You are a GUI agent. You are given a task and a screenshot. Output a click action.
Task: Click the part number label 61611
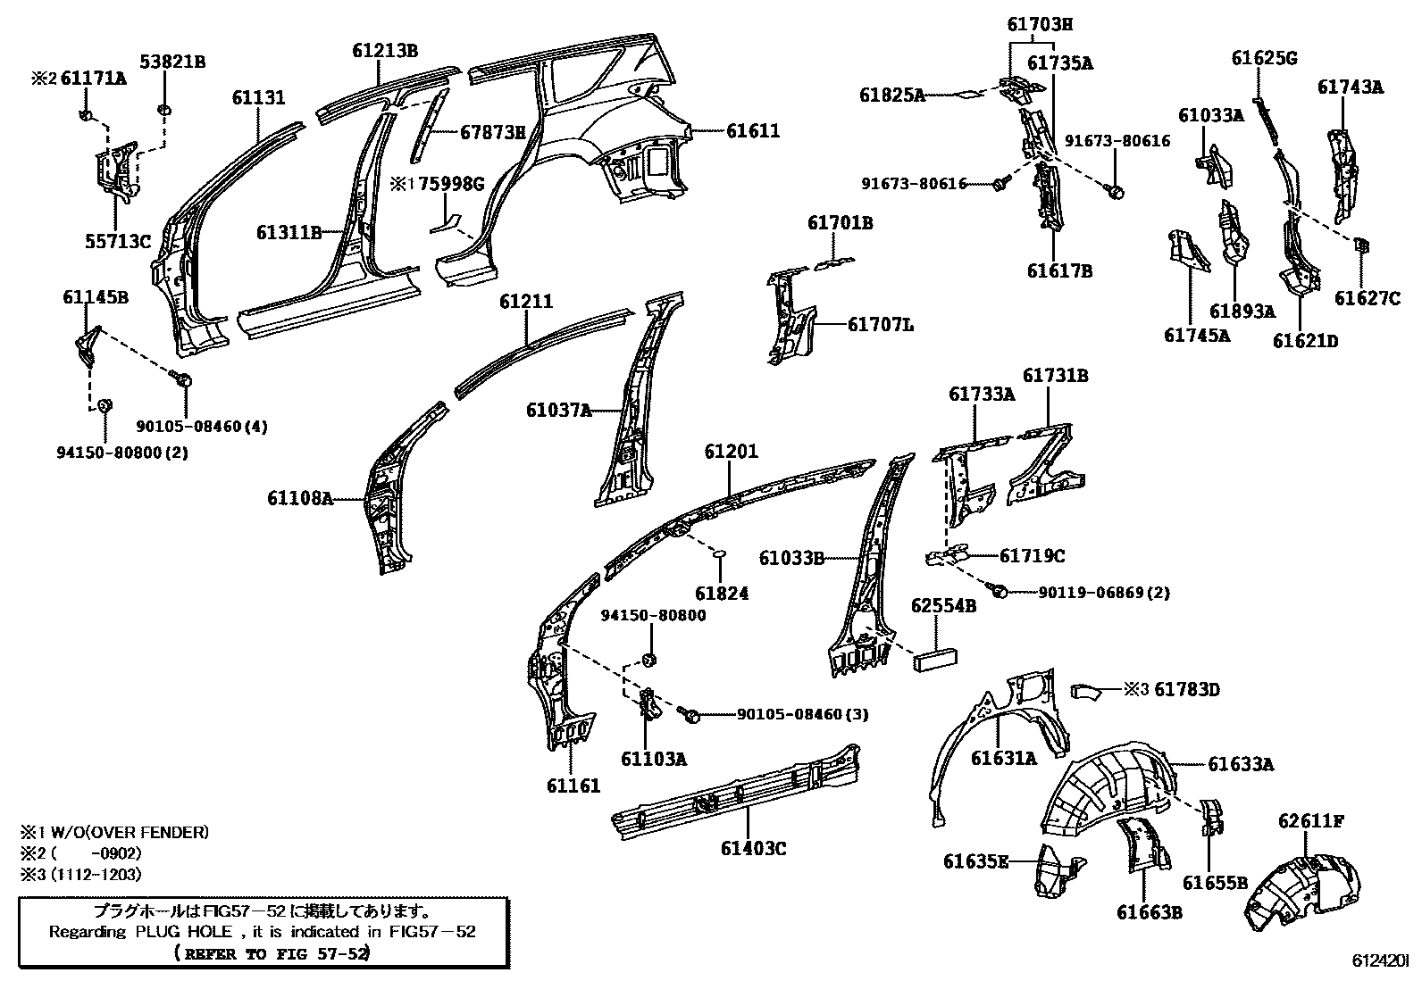point(752,130)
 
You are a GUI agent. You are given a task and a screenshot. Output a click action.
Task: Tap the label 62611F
point(1311,820)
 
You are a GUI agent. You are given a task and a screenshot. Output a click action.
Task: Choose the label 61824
point(722,593)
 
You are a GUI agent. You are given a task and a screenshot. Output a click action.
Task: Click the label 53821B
point(172,62)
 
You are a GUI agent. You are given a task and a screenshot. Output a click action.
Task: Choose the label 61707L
point(880,325)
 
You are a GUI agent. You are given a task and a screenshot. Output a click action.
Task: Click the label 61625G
point(1264,58)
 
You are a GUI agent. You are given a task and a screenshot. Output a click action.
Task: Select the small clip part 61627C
point(1360,245)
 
